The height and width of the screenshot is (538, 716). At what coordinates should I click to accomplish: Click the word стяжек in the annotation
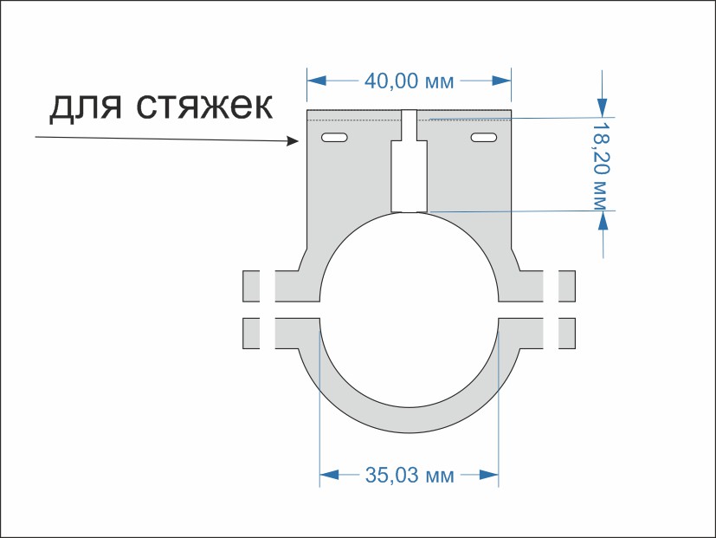[x=203, y=107]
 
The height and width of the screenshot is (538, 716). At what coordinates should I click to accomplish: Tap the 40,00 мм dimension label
[x=410, y=81]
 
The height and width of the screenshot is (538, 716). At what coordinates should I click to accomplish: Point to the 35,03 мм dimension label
[x=410, y=475]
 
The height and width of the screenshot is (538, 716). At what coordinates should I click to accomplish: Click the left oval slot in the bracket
[x=334, y=138]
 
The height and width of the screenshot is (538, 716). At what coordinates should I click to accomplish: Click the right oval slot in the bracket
[x=484, y=138]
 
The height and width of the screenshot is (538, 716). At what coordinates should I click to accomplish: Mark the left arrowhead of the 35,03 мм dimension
[x=329, y=474]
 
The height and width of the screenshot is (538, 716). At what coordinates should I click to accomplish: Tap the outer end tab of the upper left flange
[x=252, y=286]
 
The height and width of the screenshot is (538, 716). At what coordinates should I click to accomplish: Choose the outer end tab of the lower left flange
[x=252, y=333]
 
